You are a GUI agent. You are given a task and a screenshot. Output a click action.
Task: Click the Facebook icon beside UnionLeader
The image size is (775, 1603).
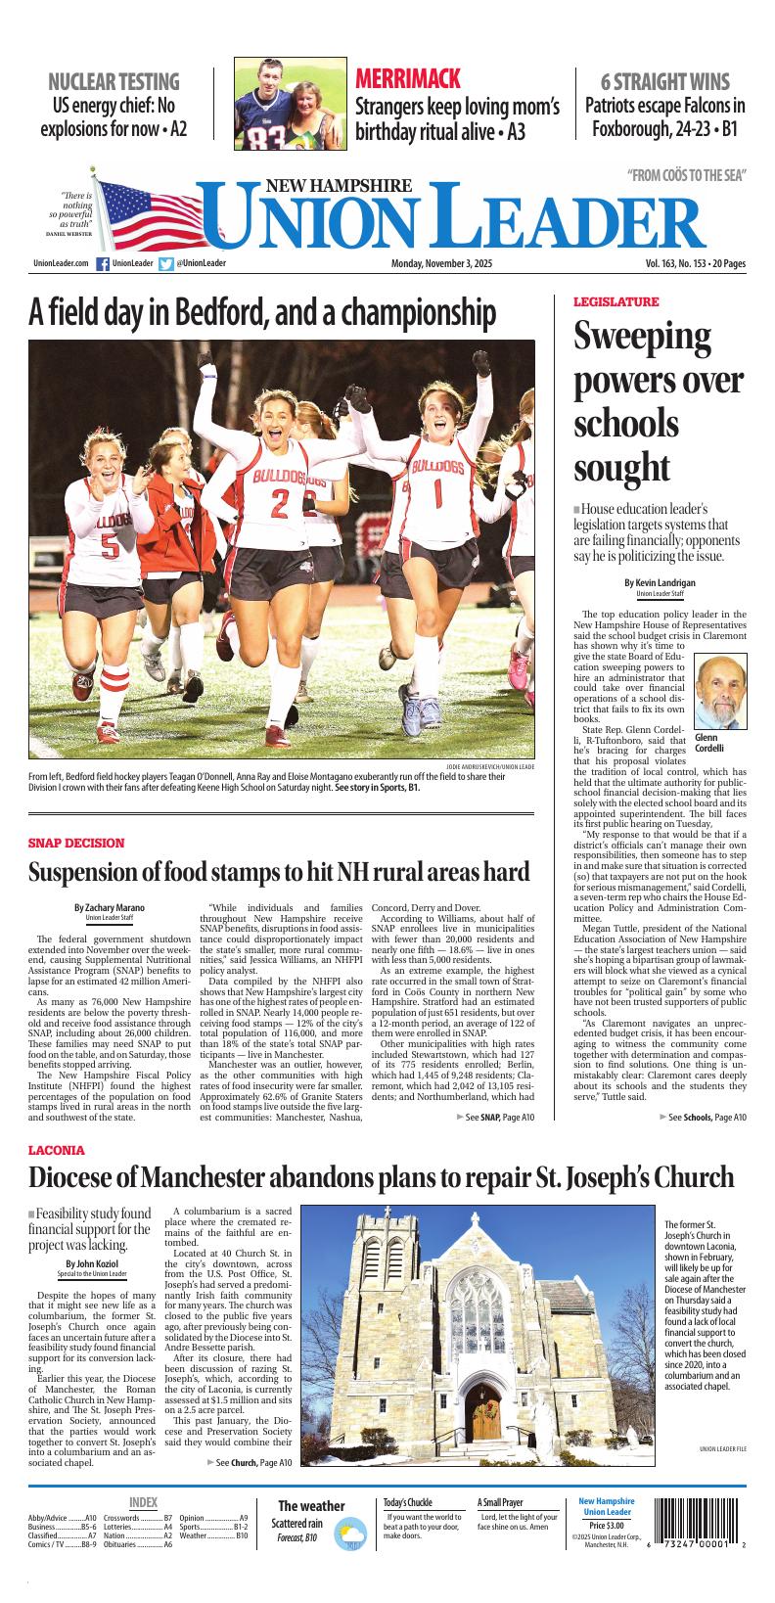point(102,263)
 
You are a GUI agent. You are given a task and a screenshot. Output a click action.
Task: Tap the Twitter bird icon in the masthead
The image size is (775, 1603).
point(166,263)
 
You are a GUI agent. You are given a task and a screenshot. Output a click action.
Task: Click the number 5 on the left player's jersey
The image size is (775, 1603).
point(110,543)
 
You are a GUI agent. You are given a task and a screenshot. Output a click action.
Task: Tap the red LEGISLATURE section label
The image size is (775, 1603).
point(615,301)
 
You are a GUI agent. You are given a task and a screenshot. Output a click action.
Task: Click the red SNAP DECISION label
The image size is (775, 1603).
point(76,843)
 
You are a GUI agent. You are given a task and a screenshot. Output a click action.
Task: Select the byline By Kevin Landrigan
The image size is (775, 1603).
point(660,582)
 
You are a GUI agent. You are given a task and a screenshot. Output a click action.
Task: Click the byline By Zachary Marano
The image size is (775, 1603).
point(109,907)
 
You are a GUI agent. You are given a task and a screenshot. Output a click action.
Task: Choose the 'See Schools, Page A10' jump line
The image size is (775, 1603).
point(703,1117)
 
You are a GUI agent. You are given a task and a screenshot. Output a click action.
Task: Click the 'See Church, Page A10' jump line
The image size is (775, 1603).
point(250,1462)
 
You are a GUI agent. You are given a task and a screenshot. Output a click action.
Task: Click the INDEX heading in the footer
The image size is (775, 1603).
point(143,1502)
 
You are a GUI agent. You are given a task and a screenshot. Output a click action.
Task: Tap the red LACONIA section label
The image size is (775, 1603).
point(57,1150)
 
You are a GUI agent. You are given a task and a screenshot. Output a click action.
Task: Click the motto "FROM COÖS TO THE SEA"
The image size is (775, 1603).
point(687,175)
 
